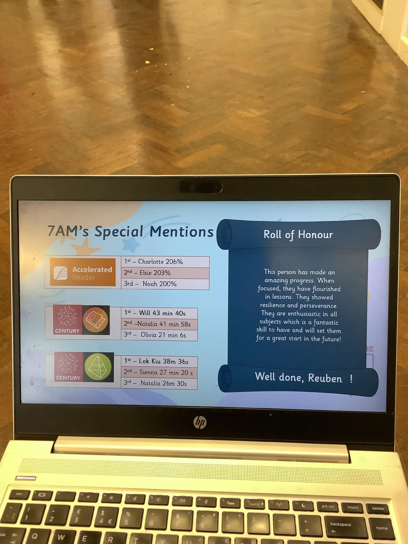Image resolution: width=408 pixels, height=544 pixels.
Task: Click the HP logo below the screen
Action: click(x=200, y=422)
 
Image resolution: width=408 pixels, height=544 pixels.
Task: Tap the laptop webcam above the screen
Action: click(x=200, y=187)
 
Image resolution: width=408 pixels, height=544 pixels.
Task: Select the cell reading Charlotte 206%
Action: click(x=165, y=262)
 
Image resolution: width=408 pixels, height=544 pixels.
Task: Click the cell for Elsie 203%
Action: click(x=165, y=273)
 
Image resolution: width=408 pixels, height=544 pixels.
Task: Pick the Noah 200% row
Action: click(x=165, y=284)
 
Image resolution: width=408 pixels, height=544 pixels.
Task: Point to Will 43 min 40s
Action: click(x=159, y=313)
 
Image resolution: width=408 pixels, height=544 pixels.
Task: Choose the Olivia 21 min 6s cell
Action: click(x=159, y=335)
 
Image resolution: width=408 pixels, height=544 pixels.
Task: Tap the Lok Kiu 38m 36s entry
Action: click(x=159, y=362)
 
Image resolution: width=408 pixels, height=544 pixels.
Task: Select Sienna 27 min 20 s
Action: click(x=159, y=373)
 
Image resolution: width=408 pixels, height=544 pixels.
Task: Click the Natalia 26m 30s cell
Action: click(x=159, y=384)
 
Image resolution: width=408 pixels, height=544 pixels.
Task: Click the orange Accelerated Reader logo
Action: click(x=83, y=272)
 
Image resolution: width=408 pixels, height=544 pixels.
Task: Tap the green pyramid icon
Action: click(x=98, y=367)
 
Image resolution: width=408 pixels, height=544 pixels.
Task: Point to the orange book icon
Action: click(x=96, y=320)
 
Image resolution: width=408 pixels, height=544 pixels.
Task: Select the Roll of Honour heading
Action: click(x=298, y=235)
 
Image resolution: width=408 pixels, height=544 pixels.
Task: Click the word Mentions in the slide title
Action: click(x=181, y=232)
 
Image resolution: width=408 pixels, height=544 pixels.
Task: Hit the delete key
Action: click(x=378, y=508)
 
